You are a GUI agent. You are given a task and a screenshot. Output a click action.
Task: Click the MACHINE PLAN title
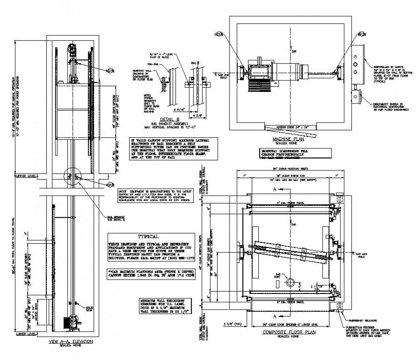pyautogui.click(x=286, y=139)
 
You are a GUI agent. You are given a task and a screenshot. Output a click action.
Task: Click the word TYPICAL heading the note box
pyautogui.click(x=148, y=236)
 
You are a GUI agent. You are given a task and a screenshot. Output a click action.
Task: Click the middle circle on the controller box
pyautogui.click(x=355, y=63)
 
